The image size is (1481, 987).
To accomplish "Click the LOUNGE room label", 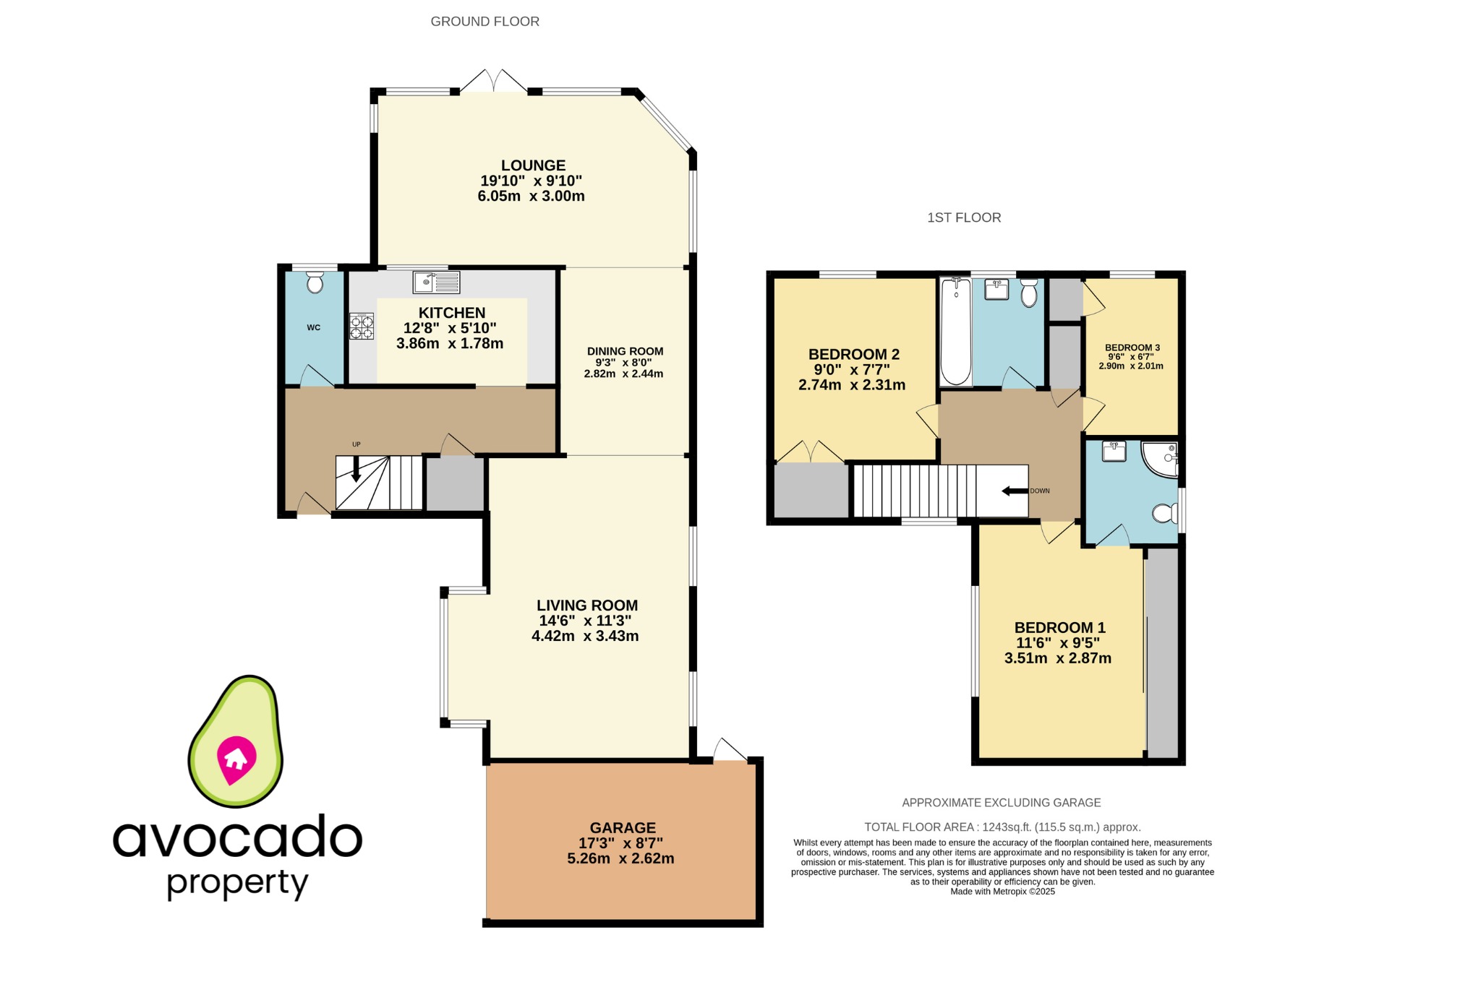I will point(533,165).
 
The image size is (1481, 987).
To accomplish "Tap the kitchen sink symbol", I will point(436,283).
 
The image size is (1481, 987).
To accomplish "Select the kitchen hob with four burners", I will point(362,326).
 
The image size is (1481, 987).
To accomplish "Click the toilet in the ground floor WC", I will point(315,283).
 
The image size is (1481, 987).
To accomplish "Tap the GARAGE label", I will point(623,828).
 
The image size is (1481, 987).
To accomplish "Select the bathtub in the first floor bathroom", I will point(955,332).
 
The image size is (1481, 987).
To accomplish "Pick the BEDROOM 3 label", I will point(1132,348).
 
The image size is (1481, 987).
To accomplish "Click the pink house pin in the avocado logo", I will point(236,759).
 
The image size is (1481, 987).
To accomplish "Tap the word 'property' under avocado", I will point(238,883).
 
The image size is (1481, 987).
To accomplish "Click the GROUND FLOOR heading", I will point(485,22).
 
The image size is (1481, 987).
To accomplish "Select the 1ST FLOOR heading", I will point(964,217).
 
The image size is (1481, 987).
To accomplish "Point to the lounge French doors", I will point(494,81).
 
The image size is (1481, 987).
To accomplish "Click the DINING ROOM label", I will point(625,351).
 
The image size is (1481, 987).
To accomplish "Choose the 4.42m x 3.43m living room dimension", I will point(585,637).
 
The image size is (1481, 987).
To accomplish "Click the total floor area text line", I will point(1002,827).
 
